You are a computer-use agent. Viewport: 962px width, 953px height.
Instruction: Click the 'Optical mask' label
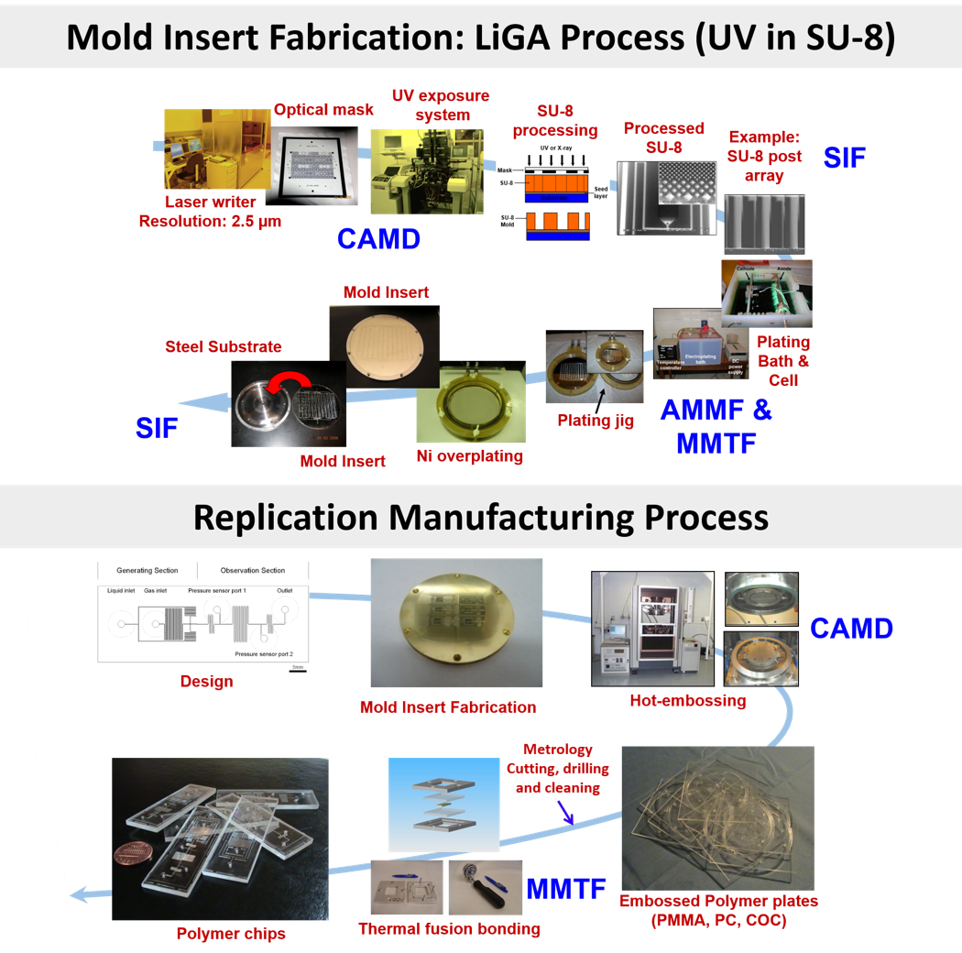pyautogui.click(x=323, y=110)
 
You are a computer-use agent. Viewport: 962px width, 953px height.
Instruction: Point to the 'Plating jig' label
pyautogui.click(x=596, y=420)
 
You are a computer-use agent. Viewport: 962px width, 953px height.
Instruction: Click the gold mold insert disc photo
pyautogui.click(x=455, y=623)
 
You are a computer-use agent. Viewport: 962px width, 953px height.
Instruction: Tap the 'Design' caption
pyautogui.click(x=207, y=682)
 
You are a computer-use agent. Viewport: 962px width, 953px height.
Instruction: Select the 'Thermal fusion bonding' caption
pyautogui.click(x=449, y=928)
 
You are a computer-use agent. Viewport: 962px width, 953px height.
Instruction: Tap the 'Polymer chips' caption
pyautogui.click(x=231, y=934)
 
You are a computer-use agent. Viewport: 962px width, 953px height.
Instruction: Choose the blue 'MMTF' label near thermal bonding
pyautogui.click(x=566, y=888)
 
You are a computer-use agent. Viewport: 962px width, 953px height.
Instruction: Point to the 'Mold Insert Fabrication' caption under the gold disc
pyautogui.click(x=448, y=707)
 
